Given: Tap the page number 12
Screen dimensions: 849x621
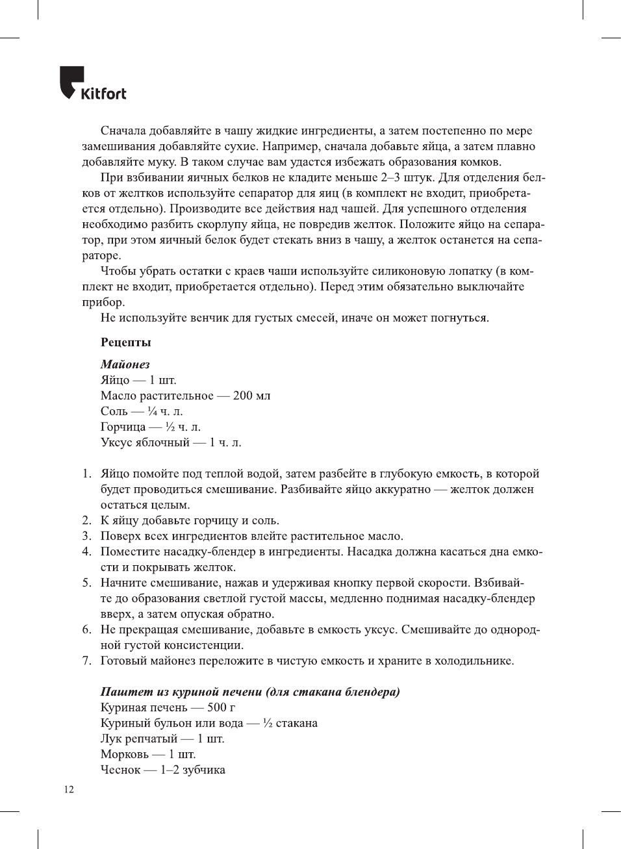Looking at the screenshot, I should (69, 789).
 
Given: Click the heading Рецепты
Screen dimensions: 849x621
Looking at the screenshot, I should (125, 342).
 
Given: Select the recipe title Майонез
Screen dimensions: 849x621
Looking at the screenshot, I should (125, 364).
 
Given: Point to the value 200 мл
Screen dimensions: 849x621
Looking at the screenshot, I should (251, 396).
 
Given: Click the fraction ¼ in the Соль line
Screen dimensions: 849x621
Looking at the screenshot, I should (152, 411).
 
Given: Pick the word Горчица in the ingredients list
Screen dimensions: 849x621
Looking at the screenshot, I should (123, 427).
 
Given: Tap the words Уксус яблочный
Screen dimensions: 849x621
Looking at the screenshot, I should (145, 442).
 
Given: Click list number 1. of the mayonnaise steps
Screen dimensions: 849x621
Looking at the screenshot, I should (86, 474).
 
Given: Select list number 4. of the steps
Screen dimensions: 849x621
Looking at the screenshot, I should (86, 551).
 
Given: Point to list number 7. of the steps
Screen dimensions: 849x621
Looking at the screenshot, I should (86, 661).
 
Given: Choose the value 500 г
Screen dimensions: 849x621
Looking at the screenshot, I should (221, 707).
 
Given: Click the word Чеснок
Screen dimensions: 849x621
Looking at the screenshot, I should (120, 770).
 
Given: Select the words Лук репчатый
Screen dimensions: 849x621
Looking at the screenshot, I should (138, 739).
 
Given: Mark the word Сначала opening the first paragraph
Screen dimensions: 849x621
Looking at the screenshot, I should (123, 131).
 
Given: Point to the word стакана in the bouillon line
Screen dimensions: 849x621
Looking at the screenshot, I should (296, 723).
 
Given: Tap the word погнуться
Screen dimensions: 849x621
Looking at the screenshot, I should (459, 318).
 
